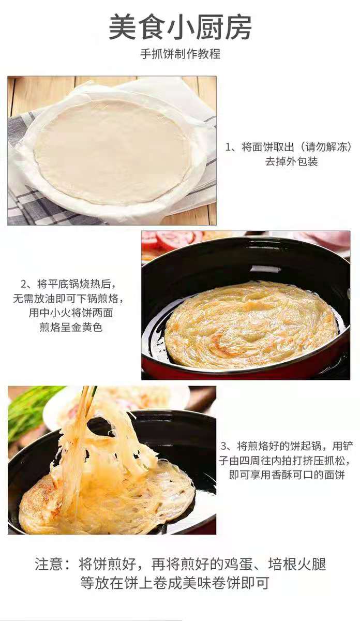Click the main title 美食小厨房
click(180, 27)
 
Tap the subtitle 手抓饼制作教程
click(180, 53)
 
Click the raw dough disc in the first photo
click(112, 152)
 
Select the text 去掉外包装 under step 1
click(291, 161)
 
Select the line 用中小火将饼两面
click(71, 313)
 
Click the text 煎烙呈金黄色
click(71, 327)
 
